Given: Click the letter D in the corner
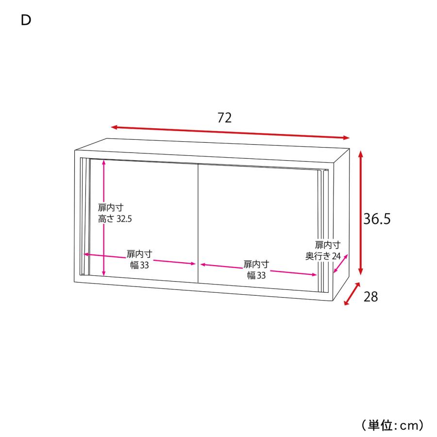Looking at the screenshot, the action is pyautogui.click(x=26, y=20).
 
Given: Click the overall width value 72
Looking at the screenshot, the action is pyautogui.click(x=224, y=118).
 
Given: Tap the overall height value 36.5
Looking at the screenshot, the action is pyautogui.click(x=377, y=218).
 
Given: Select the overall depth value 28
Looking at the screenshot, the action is pyautogui.click(x=370, y=297).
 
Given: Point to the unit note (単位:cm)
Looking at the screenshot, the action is pyautogui.click(x=392, y=425).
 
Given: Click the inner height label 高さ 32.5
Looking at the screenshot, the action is pyautogui.click(x=115, y=219).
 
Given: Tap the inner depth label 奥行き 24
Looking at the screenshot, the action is pyautogui.click(x=323, y=256).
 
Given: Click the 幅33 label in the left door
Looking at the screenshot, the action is pyautogui.click(x=139, y=265).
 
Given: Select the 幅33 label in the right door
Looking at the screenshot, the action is pyautogui.click(x=256, y=275).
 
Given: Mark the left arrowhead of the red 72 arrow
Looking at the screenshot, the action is pyautogui.click(x=112, y=127).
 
